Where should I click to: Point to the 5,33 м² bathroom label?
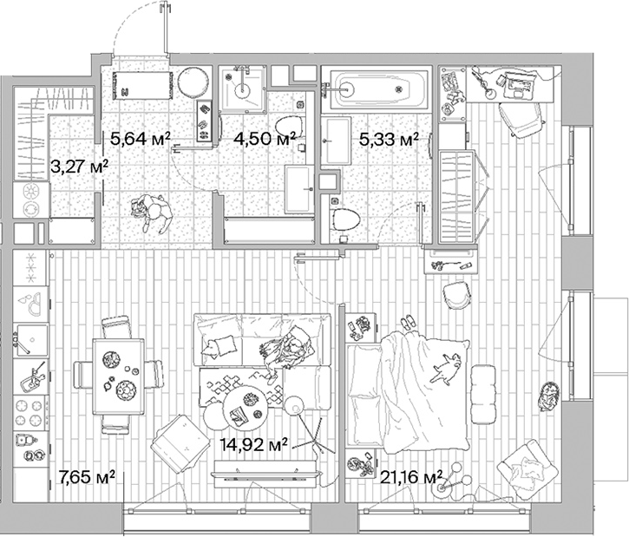(x=389, y=137)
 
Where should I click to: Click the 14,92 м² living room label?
(x=253, y=445)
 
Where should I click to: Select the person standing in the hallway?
(x=152, y=213)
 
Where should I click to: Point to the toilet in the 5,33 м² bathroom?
(x=344, y=218)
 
